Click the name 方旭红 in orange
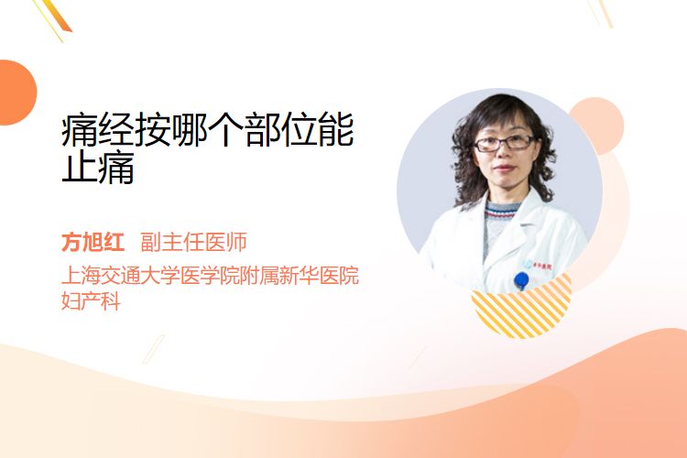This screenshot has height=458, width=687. (x=93, y=242)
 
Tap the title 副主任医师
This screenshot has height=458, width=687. (x=193, y=242)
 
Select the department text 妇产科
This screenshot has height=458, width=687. (x=91, y=300)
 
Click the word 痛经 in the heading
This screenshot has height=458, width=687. (x=97, y=130)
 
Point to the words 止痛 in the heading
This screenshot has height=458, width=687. (x=97, y=168)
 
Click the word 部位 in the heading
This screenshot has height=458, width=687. (x=280, y=130)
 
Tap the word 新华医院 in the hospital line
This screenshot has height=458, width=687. (x=320, y=275)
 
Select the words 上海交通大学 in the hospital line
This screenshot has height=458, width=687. (x=120, y=275)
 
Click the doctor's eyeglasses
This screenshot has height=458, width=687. (x=504, y=143)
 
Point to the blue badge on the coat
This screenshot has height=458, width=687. (x=521, y=280)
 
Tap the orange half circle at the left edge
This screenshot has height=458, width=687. (x=17, y=93)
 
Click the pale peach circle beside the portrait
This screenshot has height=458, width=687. (x=599, y=124)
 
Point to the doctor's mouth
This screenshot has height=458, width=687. (x=504, y=169)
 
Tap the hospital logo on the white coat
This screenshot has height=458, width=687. (x=538, y=265)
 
